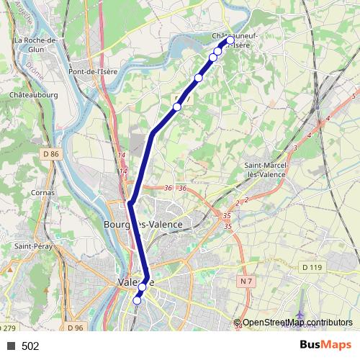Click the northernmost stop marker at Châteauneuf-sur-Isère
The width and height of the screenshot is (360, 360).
point(230,41)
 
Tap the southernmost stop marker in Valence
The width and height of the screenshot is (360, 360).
point(137,301)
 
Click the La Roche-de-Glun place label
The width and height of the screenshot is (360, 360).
point(36,44)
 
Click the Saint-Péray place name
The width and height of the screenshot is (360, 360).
point(32,246)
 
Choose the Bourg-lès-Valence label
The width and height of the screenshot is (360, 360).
point(143,224)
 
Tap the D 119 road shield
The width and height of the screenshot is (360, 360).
point(311,267)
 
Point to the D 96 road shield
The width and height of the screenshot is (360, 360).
point(76,328)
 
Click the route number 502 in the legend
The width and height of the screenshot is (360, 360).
point(30,346)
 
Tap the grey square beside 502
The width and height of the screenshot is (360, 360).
point(11,346)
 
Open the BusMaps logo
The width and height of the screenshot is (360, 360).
point(325,345)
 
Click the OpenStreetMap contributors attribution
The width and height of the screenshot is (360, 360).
point(297,322)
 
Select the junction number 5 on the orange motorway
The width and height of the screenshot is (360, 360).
point(354,96)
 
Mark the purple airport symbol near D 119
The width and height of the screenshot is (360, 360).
point(300,315)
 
